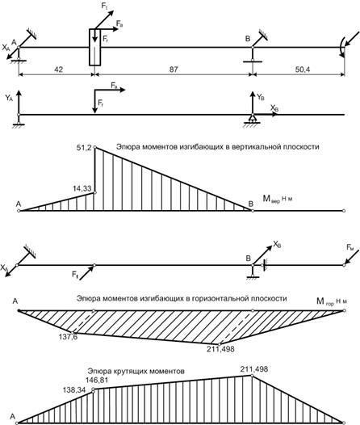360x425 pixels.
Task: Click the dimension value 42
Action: point(58,69)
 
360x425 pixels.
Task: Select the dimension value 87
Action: point(174,69)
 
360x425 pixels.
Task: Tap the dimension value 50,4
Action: point(303,69)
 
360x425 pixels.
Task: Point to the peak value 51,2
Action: point(85,148)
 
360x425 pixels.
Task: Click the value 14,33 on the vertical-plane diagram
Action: point(82,188)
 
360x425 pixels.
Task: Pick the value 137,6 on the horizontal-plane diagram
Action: point(69,337)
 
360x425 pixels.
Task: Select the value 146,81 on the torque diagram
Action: point(97,381)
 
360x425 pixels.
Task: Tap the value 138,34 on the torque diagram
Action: point(74,390)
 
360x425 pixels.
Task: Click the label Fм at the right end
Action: point(350,248)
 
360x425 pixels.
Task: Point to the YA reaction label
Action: point(9,98)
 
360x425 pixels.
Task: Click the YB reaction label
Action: point(261,97)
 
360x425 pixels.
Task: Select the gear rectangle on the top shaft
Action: point(94,47)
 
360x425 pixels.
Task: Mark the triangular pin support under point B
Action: point(253,118)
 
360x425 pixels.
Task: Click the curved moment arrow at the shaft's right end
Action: point(341,48)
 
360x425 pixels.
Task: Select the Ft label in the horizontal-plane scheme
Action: point(75,275)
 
